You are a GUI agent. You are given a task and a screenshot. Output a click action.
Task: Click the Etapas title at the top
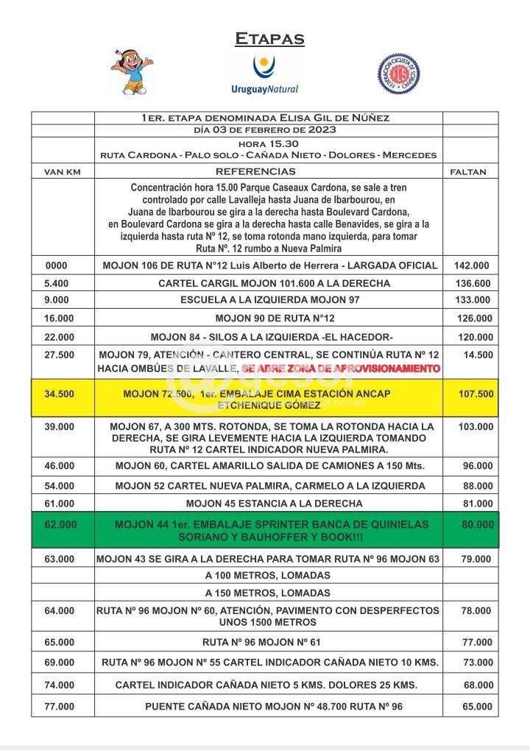tap(269, 39)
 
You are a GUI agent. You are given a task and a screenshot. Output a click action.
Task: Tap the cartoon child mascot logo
tap(132, 72)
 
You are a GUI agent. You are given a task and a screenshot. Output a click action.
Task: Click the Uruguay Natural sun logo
tap(265, 74)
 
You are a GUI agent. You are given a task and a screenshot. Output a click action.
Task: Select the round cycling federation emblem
tap(398, 73)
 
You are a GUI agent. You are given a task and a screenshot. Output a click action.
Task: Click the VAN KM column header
tap(63, 172)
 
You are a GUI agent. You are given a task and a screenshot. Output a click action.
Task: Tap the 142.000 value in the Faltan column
tap(473, 265)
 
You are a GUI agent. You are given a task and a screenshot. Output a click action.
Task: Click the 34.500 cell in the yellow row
tap(60, 394)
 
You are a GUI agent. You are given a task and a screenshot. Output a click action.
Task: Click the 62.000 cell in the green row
tap(60, 524)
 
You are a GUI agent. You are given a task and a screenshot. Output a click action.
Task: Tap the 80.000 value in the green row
tap(476, 524)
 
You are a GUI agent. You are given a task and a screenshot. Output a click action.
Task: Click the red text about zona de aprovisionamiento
tap(341, 368)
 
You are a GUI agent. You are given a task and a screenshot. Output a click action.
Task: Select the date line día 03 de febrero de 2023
tap(265, 130)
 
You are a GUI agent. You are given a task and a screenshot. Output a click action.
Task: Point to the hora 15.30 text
tap(268, 143)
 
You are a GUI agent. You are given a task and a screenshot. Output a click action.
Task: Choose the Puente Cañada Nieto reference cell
tap(268, 707)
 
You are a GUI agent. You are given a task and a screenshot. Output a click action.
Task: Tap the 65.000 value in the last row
tap(476, 707)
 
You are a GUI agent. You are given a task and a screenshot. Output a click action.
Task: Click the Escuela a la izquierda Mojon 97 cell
tap(268, 300)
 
